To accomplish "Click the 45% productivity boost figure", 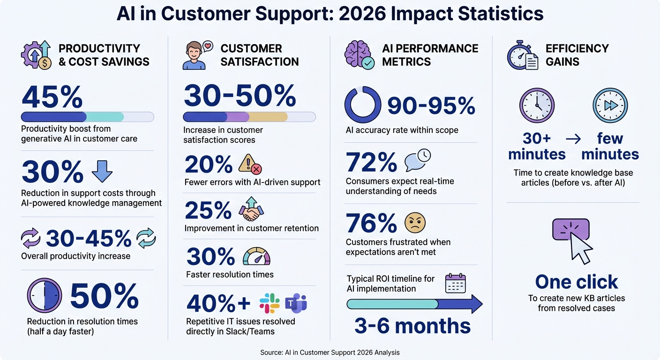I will (52, 97).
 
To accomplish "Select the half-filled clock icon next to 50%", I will (44, 296).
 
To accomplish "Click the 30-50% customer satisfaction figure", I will (240, 97).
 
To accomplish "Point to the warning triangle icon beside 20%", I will (250, 165).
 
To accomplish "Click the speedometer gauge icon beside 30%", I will (256, 256).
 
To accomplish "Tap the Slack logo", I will (270, 303).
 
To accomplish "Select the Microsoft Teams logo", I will (296, 303).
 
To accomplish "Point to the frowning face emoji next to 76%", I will (415, 223).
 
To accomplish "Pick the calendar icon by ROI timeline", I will (455, 283).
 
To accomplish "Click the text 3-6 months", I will (412, 326).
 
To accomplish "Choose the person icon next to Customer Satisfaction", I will (195, 56).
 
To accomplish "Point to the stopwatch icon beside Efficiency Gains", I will (522, 55).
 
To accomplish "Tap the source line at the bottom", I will (330, 352).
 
